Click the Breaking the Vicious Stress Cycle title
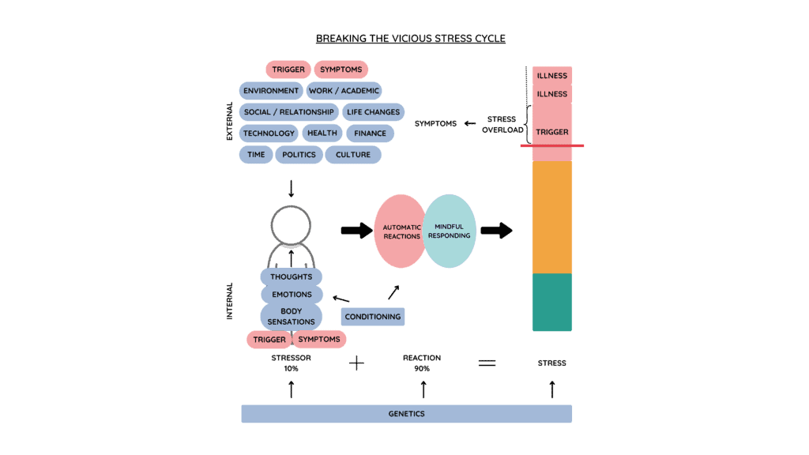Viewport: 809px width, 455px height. [x=410, y=39]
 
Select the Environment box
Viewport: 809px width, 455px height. [x=271, y=91]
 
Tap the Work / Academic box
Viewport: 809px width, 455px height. [x=344, y=91]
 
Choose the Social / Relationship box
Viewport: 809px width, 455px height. [x=289, y=112]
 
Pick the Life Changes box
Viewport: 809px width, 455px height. [x=373, y=112]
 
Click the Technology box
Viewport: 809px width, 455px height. [x=269, y=133]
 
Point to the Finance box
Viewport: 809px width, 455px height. [x=370, y=133]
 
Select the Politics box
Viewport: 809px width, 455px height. [x=299, y=155]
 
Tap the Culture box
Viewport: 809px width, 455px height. [x=352, y=155]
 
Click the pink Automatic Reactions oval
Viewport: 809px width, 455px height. [x=399, y=231]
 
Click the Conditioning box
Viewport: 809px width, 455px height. [x=373, y=317]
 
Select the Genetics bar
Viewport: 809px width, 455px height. [x=406, y=414]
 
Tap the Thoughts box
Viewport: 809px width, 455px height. [x=291, y=277]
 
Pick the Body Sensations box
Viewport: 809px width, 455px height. [x=291, y=317]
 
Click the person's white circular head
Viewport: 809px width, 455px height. [x=291, y=225]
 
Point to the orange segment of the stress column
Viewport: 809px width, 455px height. [x=551, y=217]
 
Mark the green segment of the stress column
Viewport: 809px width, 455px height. [x=551, y=302]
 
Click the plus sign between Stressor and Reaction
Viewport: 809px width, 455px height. [x=356, y=363]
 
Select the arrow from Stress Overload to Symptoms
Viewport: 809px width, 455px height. [x=470, y=123]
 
